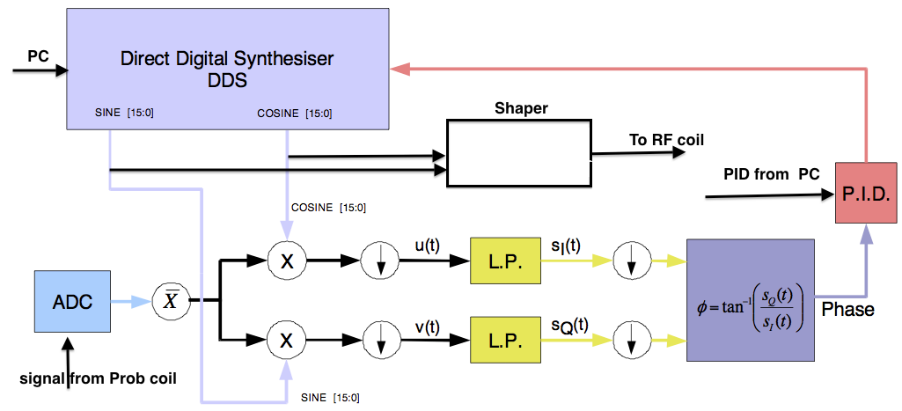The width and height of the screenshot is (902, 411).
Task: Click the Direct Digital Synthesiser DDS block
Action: pos(228,67)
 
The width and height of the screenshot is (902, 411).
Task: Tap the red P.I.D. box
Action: pos(867,193)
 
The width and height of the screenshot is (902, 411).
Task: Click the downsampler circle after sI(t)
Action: pos(629,261)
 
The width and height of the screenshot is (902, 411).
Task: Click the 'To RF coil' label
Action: pos(666,139)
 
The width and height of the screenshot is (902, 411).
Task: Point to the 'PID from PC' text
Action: pos(771,173)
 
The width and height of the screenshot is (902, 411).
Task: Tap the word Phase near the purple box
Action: pos(847,310)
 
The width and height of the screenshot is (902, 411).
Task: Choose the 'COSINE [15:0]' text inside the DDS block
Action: pos(295,114)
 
